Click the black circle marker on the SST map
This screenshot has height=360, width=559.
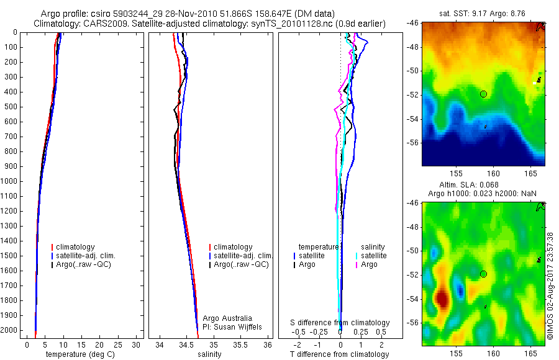(x=483, y=94)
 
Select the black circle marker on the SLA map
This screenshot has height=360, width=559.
(x=483, y=274)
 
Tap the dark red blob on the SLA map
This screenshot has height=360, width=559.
(x=442, y=299)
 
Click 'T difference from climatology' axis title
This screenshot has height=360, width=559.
(x=340, y=354)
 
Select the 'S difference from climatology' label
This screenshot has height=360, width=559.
(x=340, y=323)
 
